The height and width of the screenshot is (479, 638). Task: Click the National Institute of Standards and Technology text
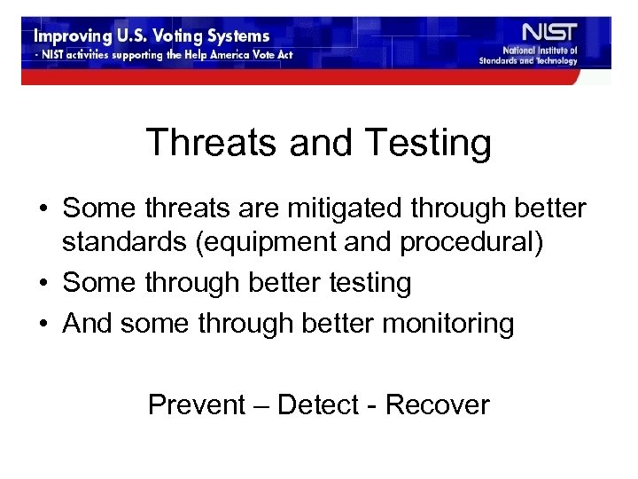pos(528,56)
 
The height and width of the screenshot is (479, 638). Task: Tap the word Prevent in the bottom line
pos(196,404)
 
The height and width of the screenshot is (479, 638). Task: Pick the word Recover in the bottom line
pos(437,404)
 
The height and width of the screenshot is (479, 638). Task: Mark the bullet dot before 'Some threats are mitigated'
pos(43,210)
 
